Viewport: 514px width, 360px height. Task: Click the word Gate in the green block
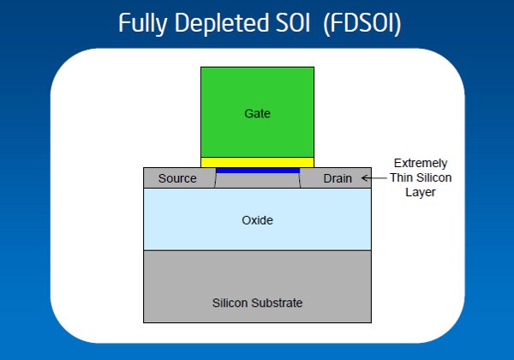[x=257, y=113]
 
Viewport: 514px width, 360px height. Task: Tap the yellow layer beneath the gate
[x=257, y=162]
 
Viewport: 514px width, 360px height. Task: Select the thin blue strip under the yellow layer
[x=258, y=171]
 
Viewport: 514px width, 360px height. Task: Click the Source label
[x=177, y=178]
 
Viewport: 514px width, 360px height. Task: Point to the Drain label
[x=338, y=178]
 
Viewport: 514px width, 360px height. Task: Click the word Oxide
[x=257, y=220]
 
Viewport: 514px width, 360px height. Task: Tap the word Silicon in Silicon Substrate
[x=230, y=303]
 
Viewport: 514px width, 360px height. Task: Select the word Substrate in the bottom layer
[x=277, y=303]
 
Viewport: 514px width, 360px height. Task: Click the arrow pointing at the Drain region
[x=374, y=178]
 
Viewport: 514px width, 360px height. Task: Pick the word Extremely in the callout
[x=421, y=163]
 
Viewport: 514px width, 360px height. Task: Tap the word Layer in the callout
[x=421, y=192]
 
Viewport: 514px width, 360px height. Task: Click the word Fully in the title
[x=143, y=23]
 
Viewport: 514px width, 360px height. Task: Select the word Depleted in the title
[x=222, y=23]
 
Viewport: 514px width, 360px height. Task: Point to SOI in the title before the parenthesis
[x=292, y=23]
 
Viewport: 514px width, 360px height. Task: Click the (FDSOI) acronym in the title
[x=362, y=24]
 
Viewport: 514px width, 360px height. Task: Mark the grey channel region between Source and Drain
[x=258, y=180]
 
